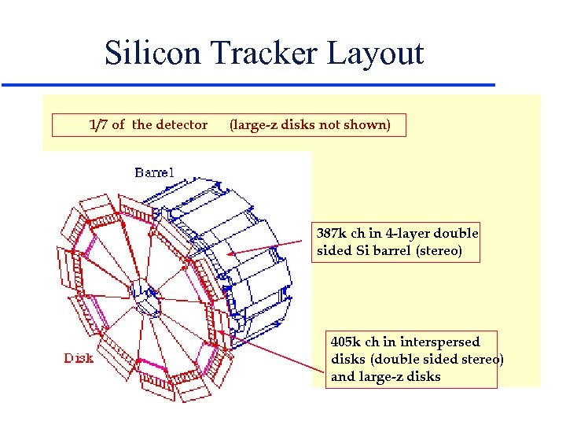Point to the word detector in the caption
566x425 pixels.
[x=182, y=124]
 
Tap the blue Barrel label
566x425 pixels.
[x=154, y=172]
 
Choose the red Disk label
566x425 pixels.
[x=79, y=358]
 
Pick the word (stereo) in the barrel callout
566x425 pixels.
[x=439, y=251]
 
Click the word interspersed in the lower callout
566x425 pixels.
[x=439, y=342]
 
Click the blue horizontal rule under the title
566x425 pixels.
[x=248, y=84]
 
